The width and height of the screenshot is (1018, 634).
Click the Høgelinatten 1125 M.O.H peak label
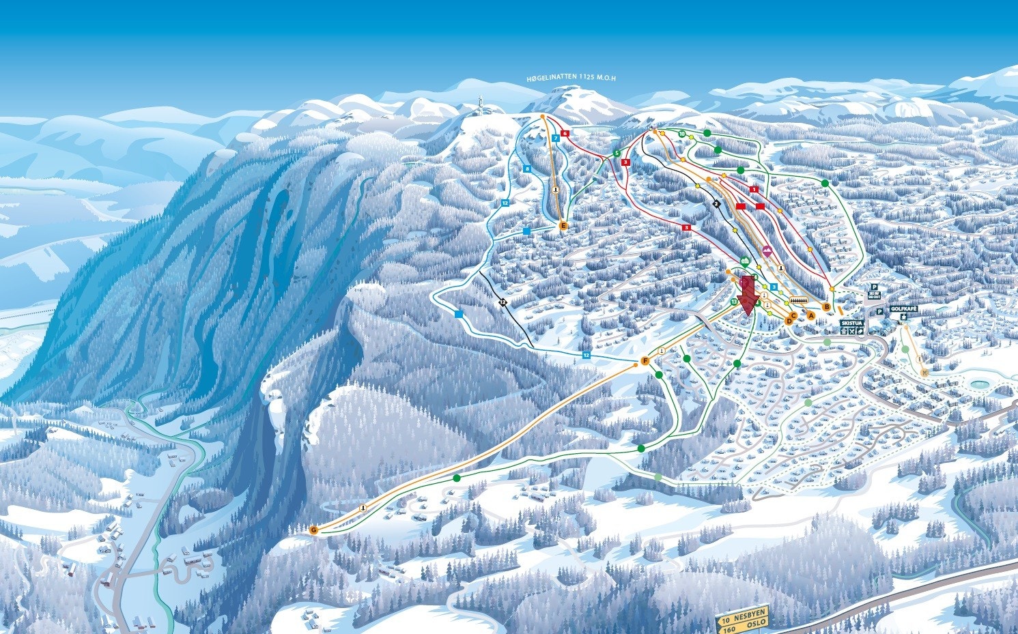[x=571, y=78]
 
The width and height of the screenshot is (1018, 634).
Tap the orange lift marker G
[x=313, y=530]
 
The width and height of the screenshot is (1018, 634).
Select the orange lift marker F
[x=645, y=360]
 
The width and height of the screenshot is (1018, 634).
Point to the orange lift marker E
[x=563, y=225]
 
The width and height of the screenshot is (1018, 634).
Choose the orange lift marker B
[x=827, y=307]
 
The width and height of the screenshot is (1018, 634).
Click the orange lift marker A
[x=811, y=315]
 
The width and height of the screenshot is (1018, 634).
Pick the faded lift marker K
[x=925, y=373]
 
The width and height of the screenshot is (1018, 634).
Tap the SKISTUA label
[x=853, y=323]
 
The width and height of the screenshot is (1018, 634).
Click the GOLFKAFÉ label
[x=903, y=309]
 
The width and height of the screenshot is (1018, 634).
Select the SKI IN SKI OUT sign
[x=875, y=293]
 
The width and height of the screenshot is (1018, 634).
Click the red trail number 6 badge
[x=565, y=133]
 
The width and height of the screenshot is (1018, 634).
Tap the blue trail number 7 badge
[x=556, y=139]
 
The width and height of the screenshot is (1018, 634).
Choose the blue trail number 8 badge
[x=527, y=168]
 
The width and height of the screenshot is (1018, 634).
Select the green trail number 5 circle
[x=617, y=153]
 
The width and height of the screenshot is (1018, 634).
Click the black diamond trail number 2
[x=716, y=203]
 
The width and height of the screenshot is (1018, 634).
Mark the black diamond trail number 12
[x=503, y=302]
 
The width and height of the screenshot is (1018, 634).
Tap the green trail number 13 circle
[x=735, y=301]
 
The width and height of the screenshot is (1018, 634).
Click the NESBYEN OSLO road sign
[x=742, y=619]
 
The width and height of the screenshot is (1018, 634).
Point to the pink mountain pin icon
[x=767, y=250]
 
